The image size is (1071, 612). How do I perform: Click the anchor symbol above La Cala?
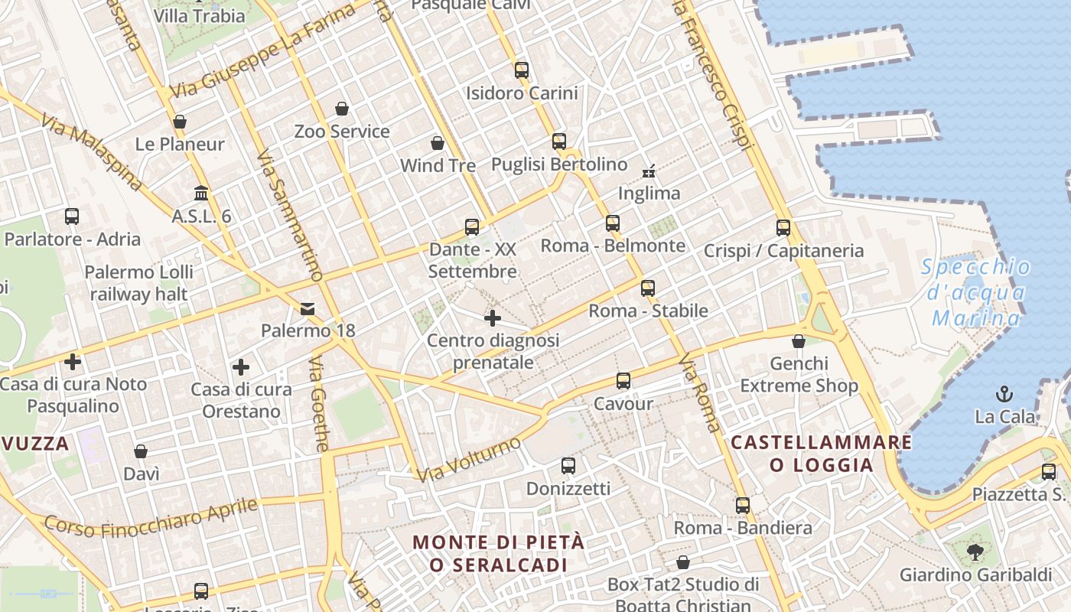coord(1004,394)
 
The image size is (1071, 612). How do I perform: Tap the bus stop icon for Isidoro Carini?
coord(522,70)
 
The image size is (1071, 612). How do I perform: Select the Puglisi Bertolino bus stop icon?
coord(559,142)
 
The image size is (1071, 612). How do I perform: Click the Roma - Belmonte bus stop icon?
coord(613,223)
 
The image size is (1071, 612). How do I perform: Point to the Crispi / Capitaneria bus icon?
coord(783,228)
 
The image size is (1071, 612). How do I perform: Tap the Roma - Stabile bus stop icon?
coord(648,288)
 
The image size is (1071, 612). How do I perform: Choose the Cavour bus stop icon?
coord(623,381)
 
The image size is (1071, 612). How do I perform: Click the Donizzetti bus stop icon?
coord(568,465)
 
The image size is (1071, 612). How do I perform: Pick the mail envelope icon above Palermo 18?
coord(308,309)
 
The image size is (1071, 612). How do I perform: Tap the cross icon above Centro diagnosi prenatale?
coord(493,317)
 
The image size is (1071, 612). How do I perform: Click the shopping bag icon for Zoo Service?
coord(342,109)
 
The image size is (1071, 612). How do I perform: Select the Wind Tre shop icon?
coord(438,143)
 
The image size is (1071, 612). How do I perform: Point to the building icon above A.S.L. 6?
coord(201,193)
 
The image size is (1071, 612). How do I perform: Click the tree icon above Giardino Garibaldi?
coord(975,552)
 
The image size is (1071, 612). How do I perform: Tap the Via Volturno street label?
coord(470,458)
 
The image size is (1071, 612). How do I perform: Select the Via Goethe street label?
coord(321,403)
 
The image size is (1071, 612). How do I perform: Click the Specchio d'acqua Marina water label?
coord(976,292)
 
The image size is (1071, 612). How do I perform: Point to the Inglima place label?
coord(649,194)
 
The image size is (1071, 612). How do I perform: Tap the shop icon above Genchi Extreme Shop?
coord(799,341)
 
